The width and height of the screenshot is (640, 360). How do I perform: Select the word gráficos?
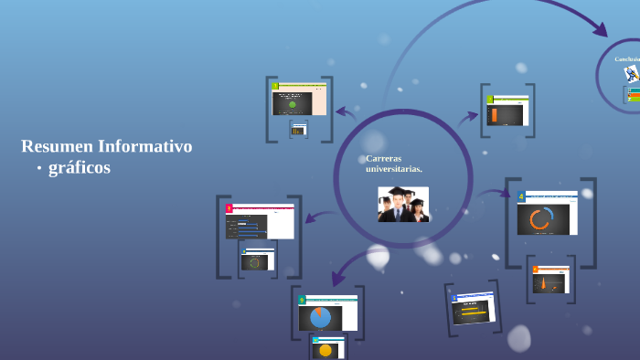[80, 168]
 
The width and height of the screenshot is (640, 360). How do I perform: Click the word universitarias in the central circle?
[394, 169]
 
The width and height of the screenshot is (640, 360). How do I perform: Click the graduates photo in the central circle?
[403, 204]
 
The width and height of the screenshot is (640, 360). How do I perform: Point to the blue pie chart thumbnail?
[320, 317]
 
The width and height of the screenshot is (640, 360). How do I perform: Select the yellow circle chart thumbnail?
[326, 349]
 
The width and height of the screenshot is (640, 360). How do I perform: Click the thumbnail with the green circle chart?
[293, 103]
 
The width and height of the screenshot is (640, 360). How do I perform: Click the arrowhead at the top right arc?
[600, 30]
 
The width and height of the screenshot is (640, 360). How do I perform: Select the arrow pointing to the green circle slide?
[345, 112]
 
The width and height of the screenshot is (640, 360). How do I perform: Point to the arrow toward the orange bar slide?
[469, 116]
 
